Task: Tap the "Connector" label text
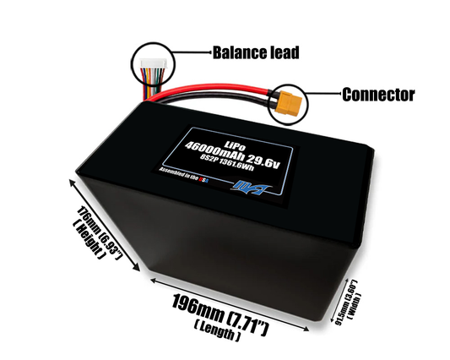pos(377,94)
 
